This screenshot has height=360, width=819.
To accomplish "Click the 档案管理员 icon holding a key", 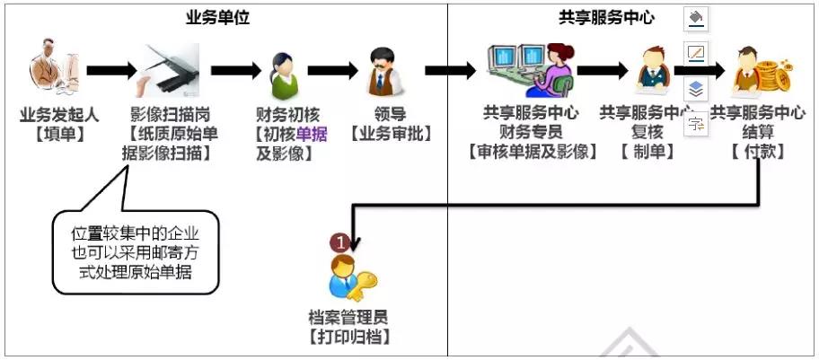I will (349, 275).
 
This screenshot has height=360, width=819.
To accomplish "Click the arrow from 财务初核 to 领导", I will (333, 70).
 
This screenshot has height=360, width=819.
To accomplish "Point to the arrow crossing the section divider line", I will (450, 70).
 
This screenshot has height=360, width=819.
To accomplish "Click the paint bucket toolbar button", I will (695, 18).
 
